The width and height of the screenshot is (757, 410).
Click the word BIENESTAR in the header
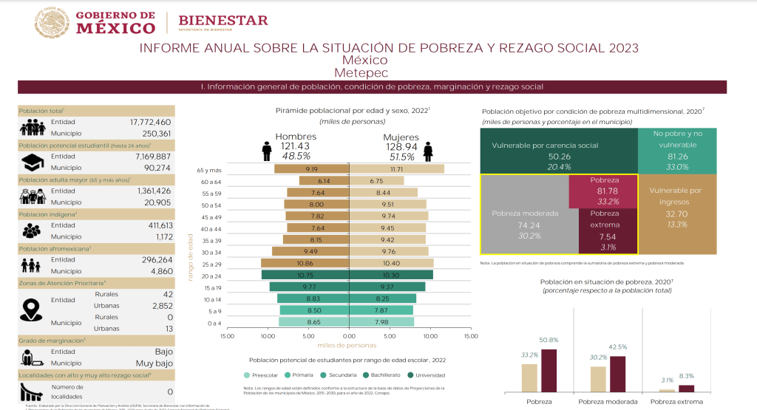coord(224,20)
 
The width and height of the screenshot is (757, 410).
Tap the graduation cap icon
coord(33,162)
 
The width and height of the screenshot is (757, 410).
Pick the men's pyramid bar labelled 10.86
coord(305,263)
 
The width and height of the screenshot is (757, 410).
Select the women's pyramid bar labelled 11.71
coord(397,169)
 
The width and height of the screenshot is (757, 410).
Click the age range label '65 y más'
coord(211,170)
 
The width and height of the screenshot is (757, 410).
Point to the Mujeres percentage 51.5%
coord(401,157)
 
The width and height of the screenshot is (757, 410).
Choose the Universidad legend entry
coord(430,375)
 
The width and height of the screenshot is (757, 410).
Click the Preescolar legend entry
coord(264,375)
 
